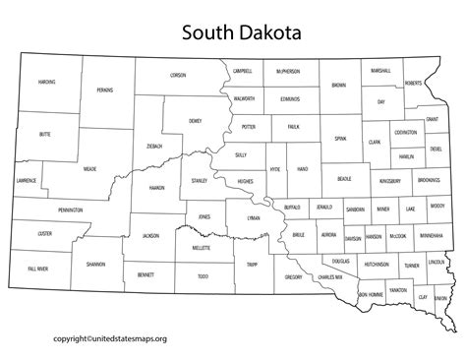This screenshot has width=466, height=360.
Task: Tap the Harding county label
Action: (x=46, y=81)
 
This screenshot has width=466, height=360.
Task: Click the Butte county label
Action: (x=44, y=132)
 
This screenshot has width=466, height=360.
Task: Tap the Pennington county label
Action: (x=70, y=210)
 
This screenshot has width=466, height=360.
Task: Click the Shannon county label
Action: (x=95, y=264)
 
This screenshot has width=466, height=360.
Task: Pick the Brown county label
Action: (x=339, y=86)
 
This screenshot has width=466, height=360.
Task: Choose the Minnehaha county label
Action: (x=430, y=236)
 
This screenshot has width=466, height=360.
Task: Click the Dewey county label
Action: (x=194, y=121)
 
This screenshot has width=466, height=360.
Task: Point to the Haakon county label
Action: (x=155, y=188)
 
